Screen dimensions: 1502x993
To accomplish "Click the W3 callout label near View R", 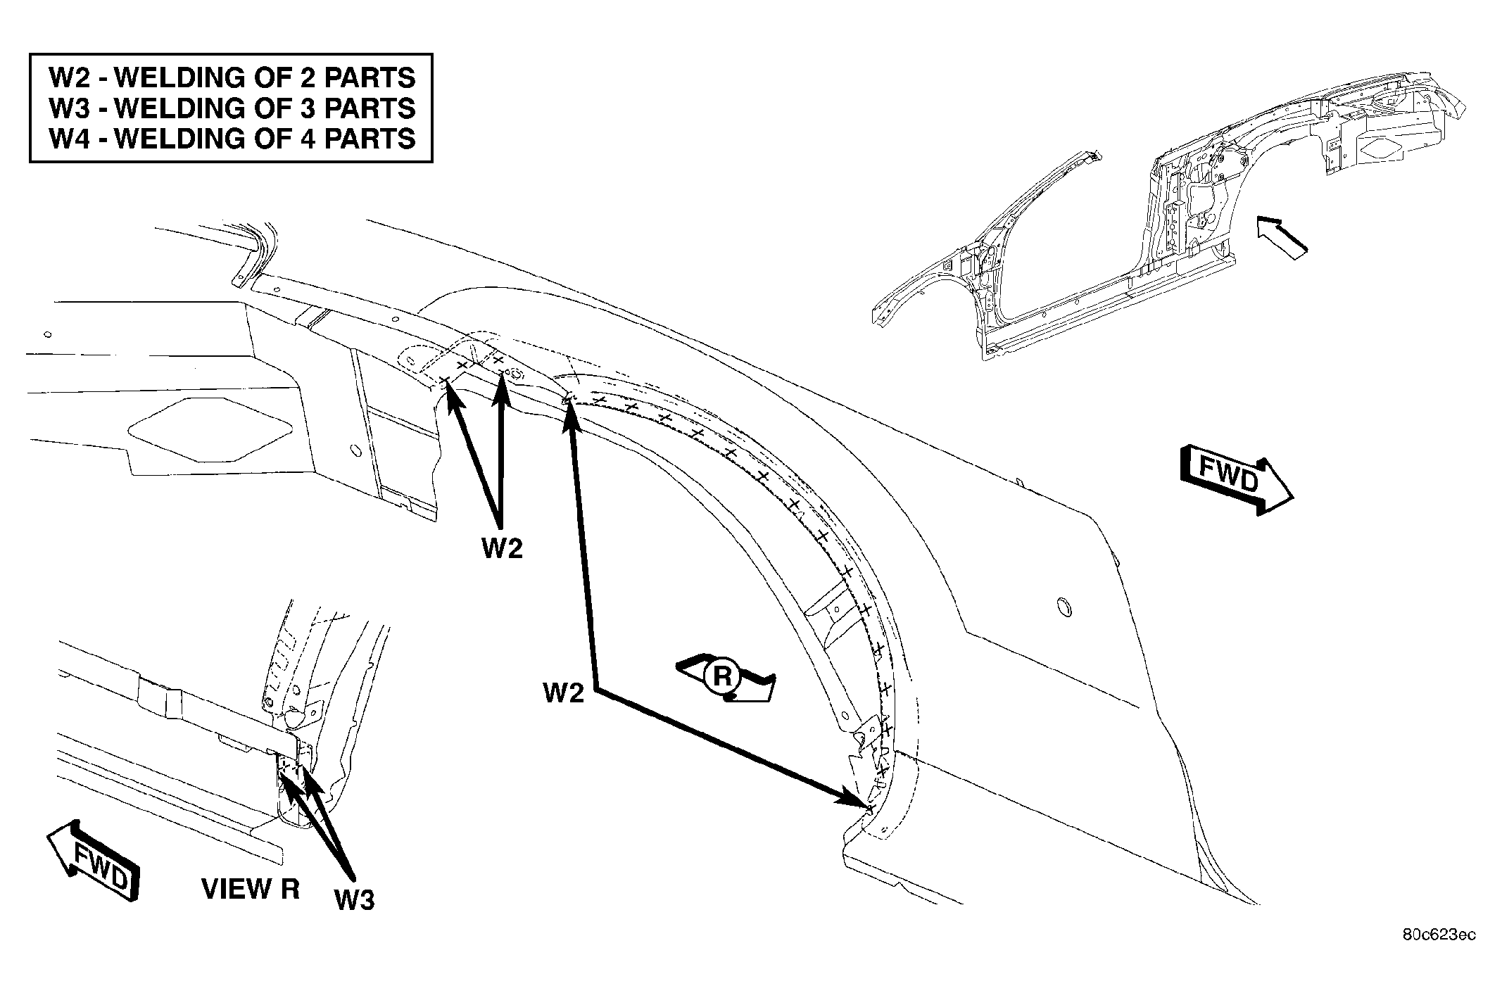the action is pos(354,899).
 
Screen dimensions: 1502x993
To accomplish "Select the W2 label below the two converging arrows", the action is pos(503,548).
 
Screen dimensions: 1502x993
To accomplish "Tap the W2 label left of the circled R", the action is pos(564,692).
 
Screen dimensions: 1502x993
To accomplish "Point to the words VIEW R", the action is pos(251,889).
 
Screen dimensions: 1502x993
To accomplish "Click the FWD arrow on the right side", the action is pos(1237,480).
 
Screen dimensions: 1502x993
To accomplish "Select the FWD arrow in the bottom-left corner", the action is pos(93,861).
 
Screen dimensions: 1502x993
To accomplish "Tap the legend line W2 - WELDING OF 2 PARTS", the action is pos(232,77).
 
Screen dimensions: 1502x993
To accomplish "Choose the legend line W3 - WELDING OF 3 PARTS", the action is pos(232,108).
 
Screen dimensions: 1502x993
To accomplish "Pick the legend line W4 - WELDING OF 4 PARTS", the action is pos(232,138).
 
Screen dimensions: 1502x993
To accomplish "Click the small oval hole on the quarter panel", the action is pos(1065,606).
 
